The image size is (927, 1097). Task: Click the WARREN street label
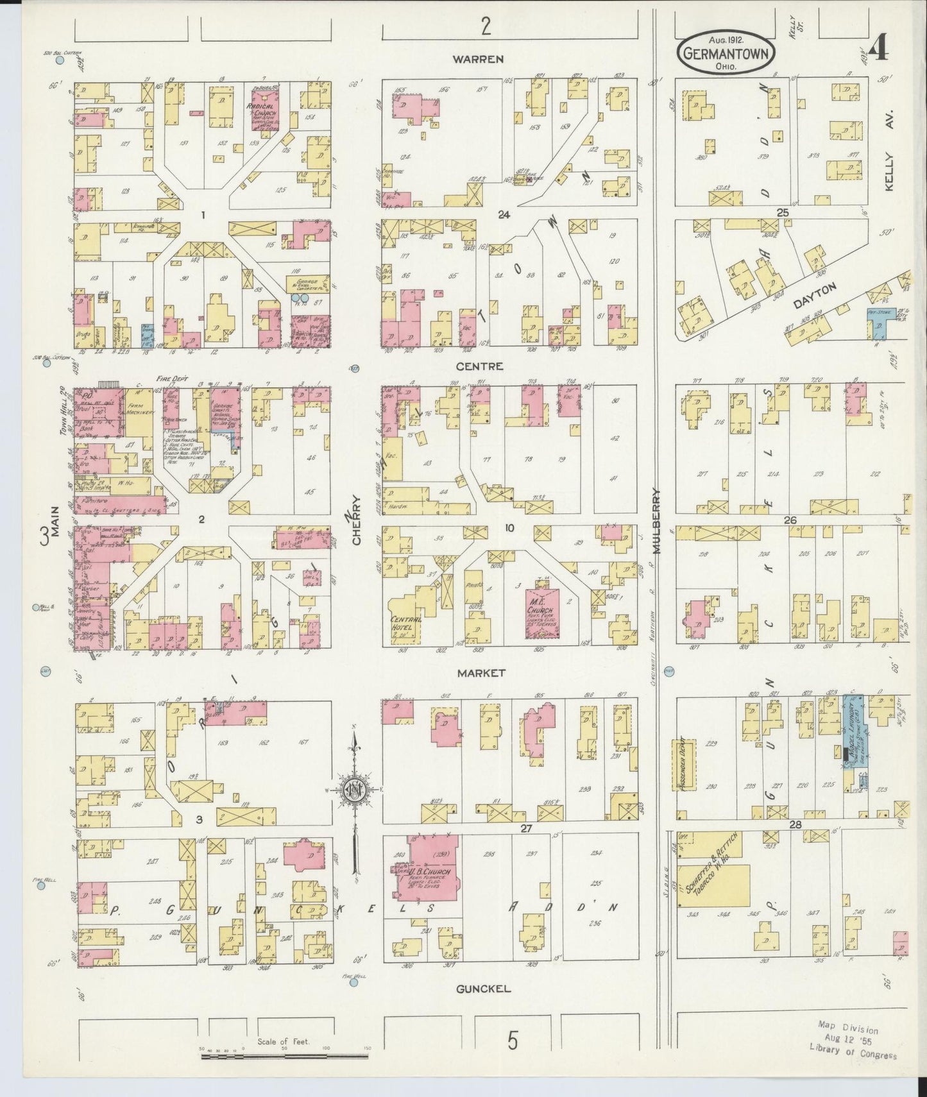coord(478,59)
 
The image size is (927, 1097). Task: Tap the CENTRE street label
coord(479,366)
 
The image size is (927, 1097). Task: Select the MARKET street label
coord(481,673)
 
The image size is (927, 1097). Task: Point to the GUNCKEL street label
coord(483,989)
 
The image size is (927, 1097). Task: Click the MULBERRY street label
coord(656,520)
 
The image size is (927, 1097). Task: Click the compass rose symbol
coord(353,790)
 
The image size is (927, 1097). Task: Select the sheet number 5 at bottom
coord(512,1039)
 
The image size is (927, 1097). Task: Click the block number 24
coord(503,215)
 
